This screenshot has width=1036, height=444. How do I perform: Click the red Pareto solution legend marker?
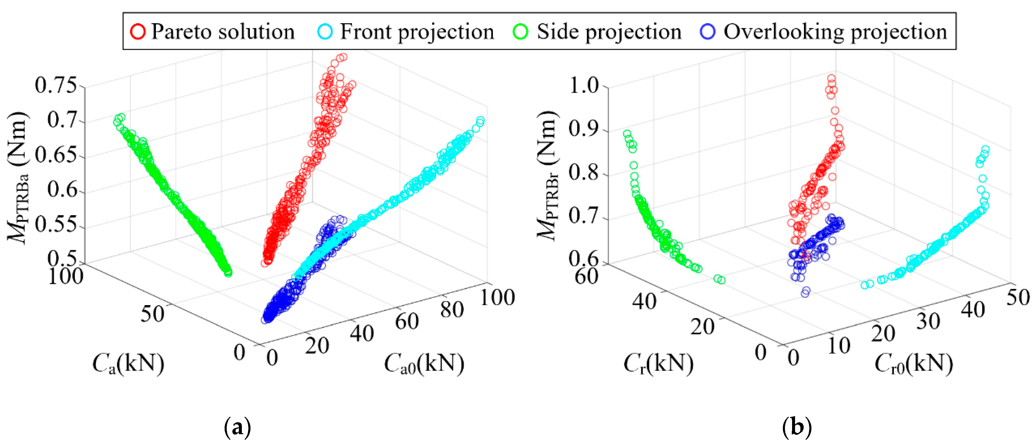pyautogui.click(x=138, y=32)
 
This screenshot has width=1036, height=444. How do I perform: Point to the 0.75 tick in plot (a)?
pyautogui.click(x=56, y=85)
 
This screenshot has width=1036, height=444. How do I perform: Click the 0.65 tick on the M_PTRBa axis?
pyautogui.click(x=56, y=155)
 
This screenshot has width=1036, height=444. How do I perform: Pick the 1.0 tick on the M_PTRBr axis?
pyautogui.click(x=584, y=85)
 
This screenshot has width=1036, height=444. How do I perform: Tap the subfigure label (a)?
pyautogui.click(x=237, y=428)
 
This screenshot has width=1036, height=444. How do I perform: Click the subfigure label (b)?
pyautogui.click(x=797, y=428)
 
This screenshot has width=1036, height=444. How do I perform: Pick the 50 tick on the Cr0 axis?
pyautogui.click(x=1018, y=297)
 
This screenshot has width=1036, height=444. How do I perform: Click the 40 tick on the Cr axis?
pyautogui.click(x=644, y=301)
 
